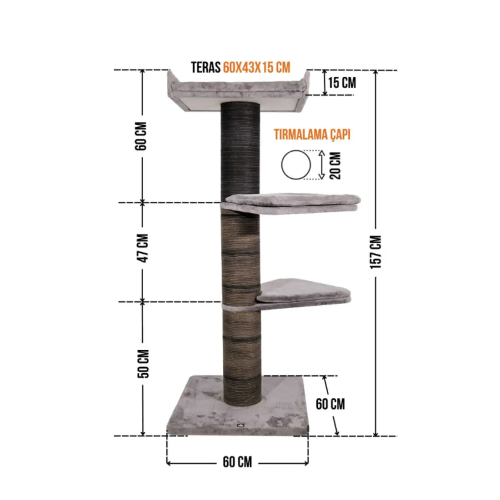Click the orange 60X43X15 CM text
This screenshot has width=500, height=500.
point(257,67)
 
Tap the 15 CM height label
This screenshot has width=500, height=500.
point(342,82)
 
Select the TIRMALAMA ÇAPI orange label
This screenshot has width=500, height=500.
point(312,135)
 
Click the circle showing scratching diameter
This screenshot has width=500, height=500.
point(296,165)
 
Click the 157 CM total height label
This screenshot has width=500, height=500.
point(376,252)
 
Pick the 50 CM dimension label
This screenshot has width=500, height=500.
point(143,363)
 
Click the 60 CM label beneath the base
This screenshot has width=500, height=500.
point(237,462)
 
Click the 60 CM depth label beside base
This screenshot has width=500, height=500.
point(330,404)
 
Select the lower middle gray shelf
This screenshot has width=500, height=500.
point(304,292)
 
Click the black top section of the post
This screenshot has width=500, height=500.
point(240,150)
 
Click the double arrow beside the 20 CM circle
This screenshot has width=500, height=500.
point(321,165)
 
